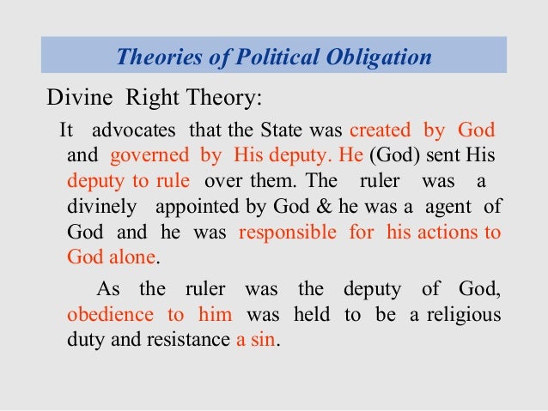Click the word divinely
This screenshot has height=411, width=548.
coord(100,208)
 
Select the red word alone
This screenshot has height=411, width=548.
coord(132,257)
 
